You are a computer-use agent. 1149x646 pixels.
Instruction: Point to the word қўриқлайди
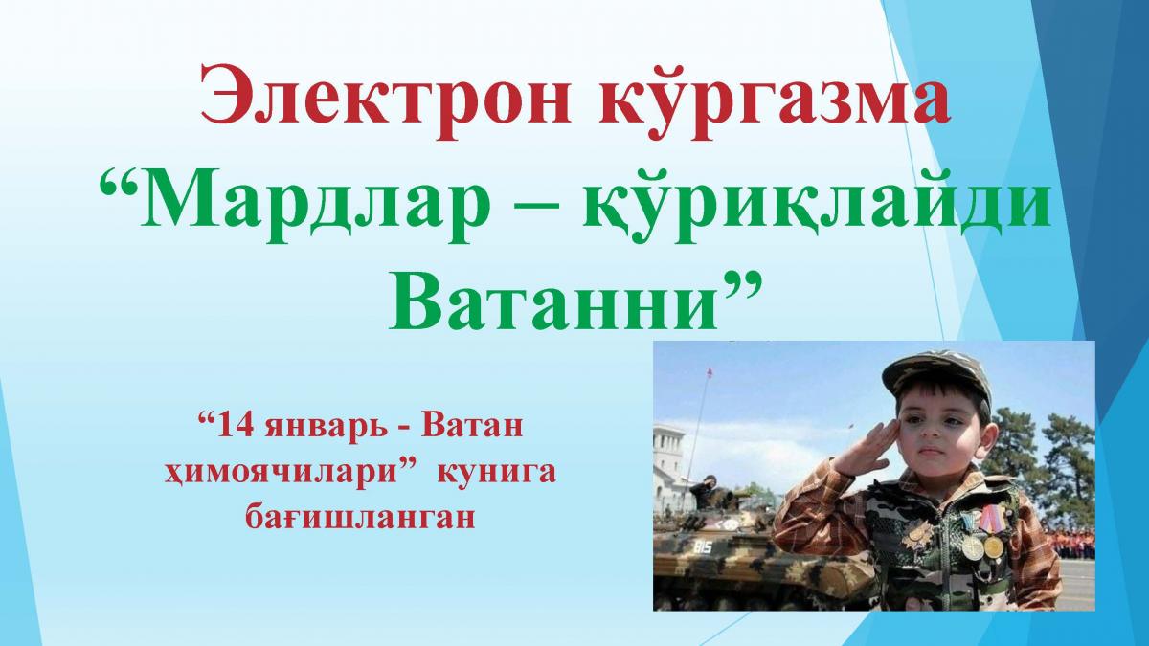coord(817,205)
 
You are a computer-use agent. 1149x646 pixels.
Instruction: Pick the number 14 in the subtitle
coord(236,427)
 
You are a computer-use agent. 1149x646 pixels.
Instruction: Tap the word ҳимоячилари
coord(282,473)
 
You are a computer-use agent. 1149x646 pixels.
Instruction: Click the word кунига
coord(497,473)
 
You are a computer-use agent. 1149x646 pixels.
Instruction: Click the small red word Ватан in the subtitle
coord(472,427)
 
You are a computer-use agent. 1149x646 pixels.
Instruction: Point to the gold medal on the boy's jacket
coord(992,546)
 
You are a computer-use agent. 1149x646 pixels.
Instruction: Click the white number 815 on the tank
coord(703,547)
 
